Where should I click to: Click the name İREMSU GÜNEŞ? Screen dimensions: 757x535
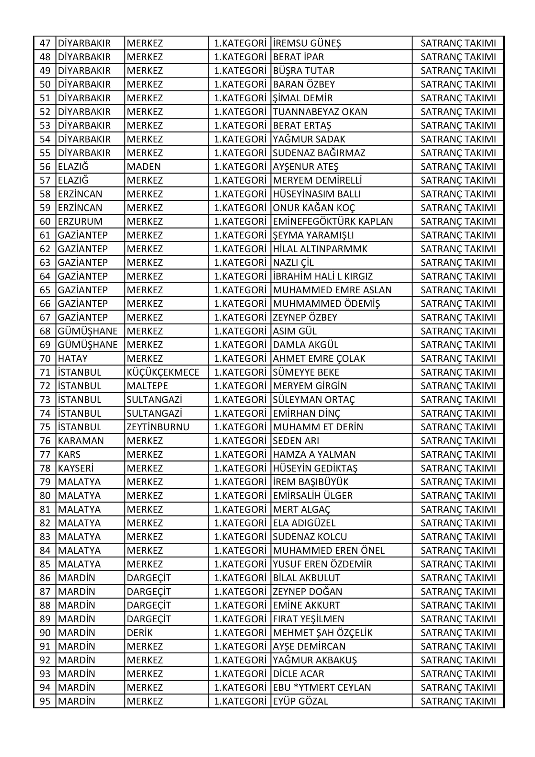point(307,43)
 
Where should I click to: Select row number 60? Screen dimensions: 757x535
point(45,221)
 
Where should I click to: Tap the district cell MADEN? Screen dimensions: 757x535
point(144,166)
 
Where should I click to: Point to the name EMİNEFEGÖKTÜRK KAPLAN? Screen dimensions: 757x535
point(333,221)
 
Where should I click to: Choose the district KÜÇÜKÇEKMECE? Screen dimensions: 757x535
point(163,372)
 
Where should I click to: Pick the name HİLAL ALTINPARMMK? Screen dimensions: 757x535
point(320,249)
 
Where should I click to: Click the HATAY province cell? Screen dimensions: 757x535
point(73,358)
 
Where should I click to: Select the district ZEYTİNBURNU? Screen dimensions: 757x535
point(158,427)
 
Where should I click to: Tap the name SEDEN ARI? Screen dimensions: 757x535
point(296,440)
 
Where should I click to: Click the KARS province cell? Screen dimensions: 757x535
point(69,454)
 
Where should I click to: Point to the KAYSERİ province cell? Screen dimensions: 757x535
point(75,468)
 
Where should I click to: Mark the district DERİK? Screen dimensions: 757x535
point(140,633)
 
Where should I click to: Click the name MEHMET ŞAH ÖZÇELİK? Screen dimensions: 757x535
point(322,633)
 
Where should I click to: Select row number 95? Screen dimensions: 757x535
point(45,701)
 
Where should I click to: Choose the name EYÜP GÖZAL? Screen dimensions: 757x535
point(300,701)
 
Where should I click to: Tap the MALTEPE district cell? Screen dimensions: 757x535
point(147,386)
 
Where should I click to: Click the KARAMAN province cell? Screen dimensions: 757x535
point(81,440)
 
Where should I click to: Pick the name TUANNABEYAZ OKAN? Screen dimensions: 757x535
point(320,112)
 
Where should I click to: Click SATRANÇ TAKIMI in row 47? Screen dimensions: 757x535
point(458,43)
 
